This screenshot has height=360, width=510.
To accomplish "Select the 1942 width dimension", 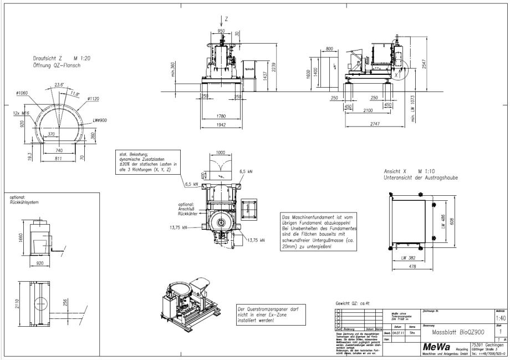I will tap(221, 125).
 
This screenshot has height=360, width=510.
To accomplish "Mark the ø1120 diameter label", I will tap(93, 99).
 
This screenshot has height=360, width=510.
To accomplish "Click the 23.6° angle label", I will tap(59, 85).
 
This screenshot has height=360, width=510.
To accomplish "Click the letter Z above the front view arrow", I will tap(226, 18).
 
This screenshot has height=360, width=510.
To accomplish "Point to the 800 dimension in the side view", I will tap(329, 49).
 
